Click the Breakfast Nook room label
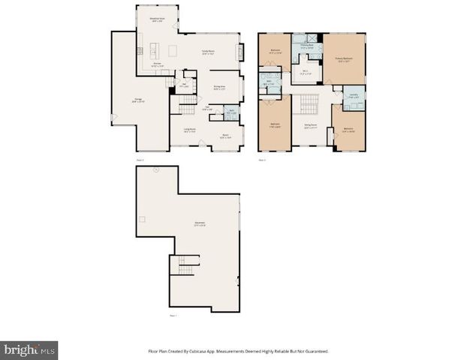click(x=156, y=20)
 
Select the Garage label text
click(x=139, y=100)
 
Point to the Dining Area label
click(x=220, y=88)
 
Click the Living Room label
click(x=191, y=130)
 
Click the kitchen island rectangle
click(x=173, y=51)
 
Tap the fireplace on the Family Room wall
click(x=240, y=52)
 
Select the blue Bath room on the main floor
click(x=233, y=114)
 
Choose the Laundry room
click(x=354, y=97)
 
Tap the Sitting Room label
click(x=310, y=127)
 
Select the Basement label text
click(x=200, y=224)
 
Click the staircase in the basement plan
click(x=185, y=265)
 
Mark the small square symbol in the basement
click(x=141, y=218)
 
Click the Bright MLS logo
click(x=29, y=350)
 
